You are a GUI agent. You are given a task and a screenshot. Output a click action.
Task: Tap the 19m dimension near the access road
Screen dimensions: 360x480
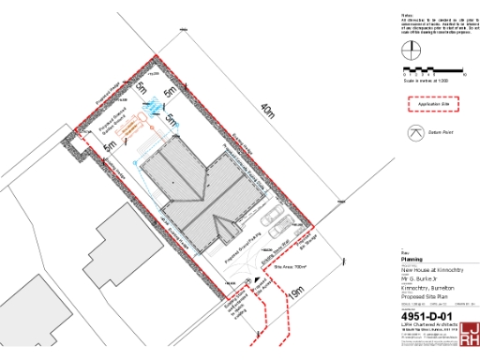(x=297, y=293)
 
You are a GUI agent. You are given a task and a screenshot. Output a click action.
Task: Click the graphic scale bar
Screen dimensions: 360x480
(x=432, y=70)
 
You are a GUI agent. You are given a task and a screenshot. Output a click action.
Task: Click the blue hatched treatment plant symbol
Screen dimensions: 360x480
(x=151, y=107)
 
